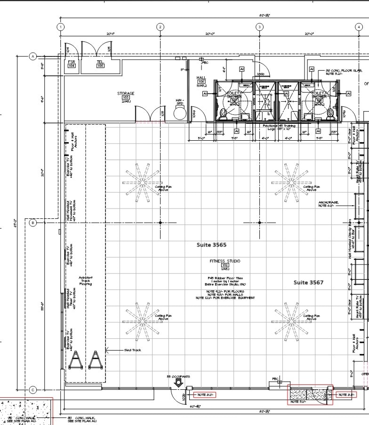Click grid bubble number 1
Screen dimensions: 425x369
pyautogui.click(x=60, y=27)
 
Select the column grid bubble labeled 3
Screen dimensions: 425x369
pyautogui.click(x=259, y=27)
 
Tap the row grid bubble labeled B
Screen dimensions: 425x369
pyautogui.click(x=33, y=223)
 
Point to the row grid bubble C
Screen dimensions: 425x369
pyautogui.click(x=33, y=390)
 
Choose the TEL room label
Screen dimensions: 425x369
pyautogui.click(x=100, y=62)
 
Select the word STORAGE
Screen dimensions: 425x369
pyautogui.click(x=126, y=94)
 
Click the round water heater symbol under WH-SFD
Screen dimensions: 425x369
pyautogui.click(x=180, y=113)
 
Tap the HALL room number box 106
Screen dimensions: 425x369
pyautogui.click(x=201, y=82)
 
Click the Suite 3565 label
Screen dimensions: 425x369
pyautogui.click(x=211, y=245)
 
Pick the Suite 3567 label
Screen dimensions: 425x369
pyautogui.click(x=308, y=282)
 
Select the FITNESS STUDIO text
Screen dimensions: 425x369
pyautogui.click(x=225, y=261)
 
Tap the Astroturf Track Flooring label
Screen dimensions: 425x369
pyautogui.click(x=86, y=281)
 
